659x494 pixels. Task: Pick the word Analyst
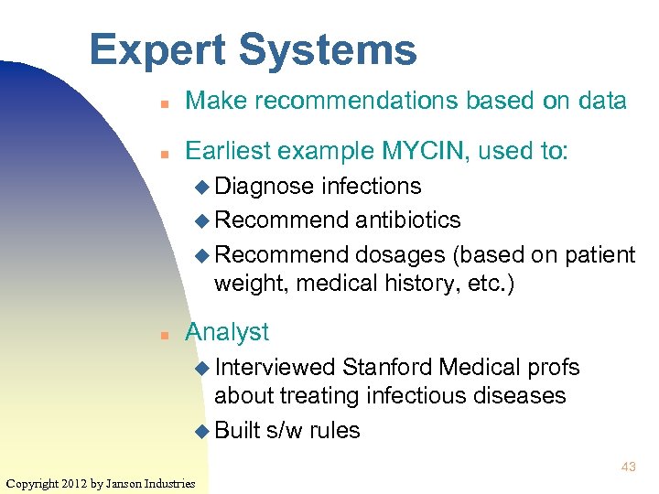point(227,332)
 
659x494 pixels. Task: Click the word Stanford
point(387,367)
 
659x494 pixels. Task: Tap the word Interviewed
point(275,367)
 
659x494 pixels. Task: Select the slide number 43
point(628,467)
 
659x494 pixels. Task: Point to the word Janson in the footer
point(129,482)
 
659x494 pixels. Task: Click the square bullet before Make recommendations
point(161,102)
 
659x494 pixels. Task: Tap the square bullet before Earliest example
point(161,151)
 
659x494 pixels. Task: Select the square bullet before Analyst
point(161,334)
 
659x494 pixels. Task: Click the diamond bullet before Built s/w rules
point(202,430)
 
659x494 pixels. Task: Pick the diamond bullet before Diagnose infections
point(202,187)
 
